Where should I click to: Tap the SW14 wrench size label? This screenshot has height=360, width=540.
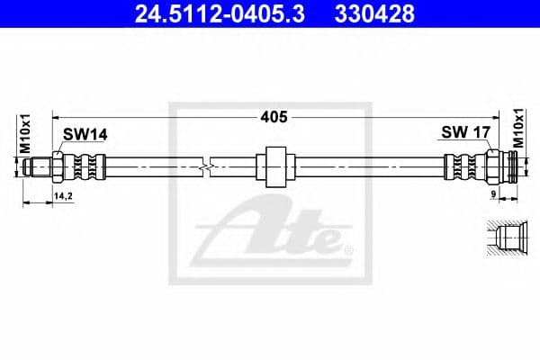pos(85,135)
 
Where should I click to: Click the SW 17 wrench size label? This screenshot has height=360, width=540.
pos(464,133)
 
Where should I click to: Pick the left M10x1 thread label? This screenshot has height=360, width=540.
pos(26,135)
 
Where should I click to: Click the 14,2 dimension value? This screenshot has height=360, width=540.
pos(63,194)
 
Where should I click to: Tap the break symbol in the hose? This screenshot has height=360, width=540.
pos(209,166)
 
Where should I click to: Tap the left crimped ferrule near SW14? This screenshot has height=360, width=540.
pos(86,166)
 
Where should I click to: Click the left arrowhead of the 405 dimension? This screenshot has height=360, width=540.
pos(57,116)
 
